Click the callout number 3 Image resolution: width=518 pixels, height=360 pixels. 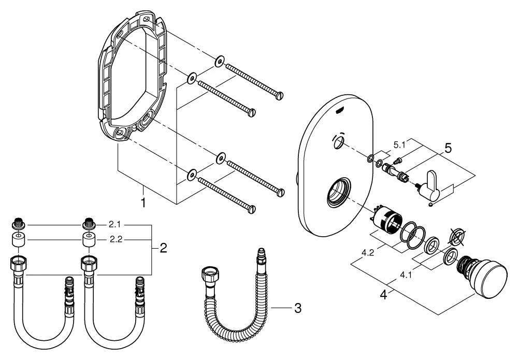point(297,308)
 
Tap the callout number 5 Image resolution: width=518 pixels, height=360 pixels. point(447,148)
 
